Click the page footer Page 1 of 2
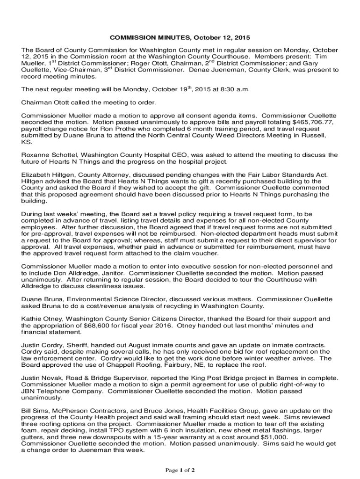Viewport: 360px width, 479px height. [180, 470]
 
